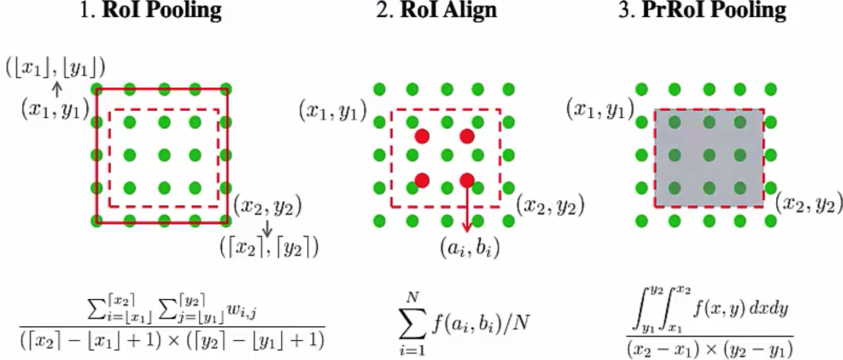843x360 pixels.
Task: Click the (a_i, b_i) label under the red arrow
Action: pos(467,248)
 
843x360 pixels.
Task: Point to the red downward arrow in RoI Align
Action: pos(467,208)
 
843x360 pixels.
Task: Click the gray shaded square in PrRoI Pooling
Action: pos(709,158)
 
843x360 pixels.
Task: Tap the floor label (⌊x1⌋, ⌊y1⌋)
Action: pos(55,68)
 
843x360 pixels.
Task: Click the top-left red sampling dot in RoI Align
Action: pos(422,137)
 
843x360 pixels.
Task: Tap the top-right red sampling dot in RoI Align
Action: pos(467,137)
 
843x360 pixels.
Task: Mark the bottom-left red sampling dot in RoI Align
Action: pos(422,180)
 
